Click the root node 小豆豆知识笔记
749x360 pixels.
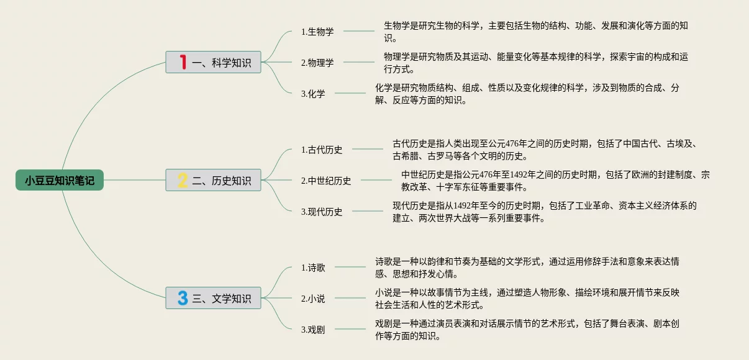click(x=60, y=181)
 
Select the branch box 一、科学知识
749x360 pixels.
click(x=213, y=62)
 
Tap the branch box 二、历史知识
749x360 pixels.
click(x=213, y=180)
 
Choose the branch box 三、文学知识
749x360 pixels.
click(x=213, y=298)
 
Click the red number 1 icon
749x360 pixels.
click(x=183, y=62)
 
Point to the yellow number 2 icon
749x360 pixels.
click(x=183, y=180)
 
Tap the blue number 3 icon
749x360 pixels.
click(x=183, y=298)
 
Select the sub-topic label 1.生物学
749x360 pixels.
click(x=317, y=31)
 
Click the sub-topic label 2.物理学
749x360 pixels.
click(x=317, y=62)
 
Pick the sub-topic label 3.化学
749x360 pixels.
click(x=313, y=94)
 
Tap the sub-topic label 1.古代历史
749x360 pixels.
click(x=322, y=149)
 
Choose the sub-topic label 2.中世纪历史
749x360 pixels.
click(x=326, y=181)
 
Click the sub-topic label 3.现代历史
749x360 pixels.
click(x=322, y=211)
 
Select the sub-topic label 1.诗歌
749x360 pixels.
click(x=313, y=268)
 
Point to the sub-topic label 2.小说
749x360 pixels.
click(x=313, y=299)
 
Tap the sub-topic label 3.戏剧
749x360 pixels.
click(x=313, y=330)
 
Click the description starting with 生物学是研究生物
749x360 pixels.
click(x=535, y=31)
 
